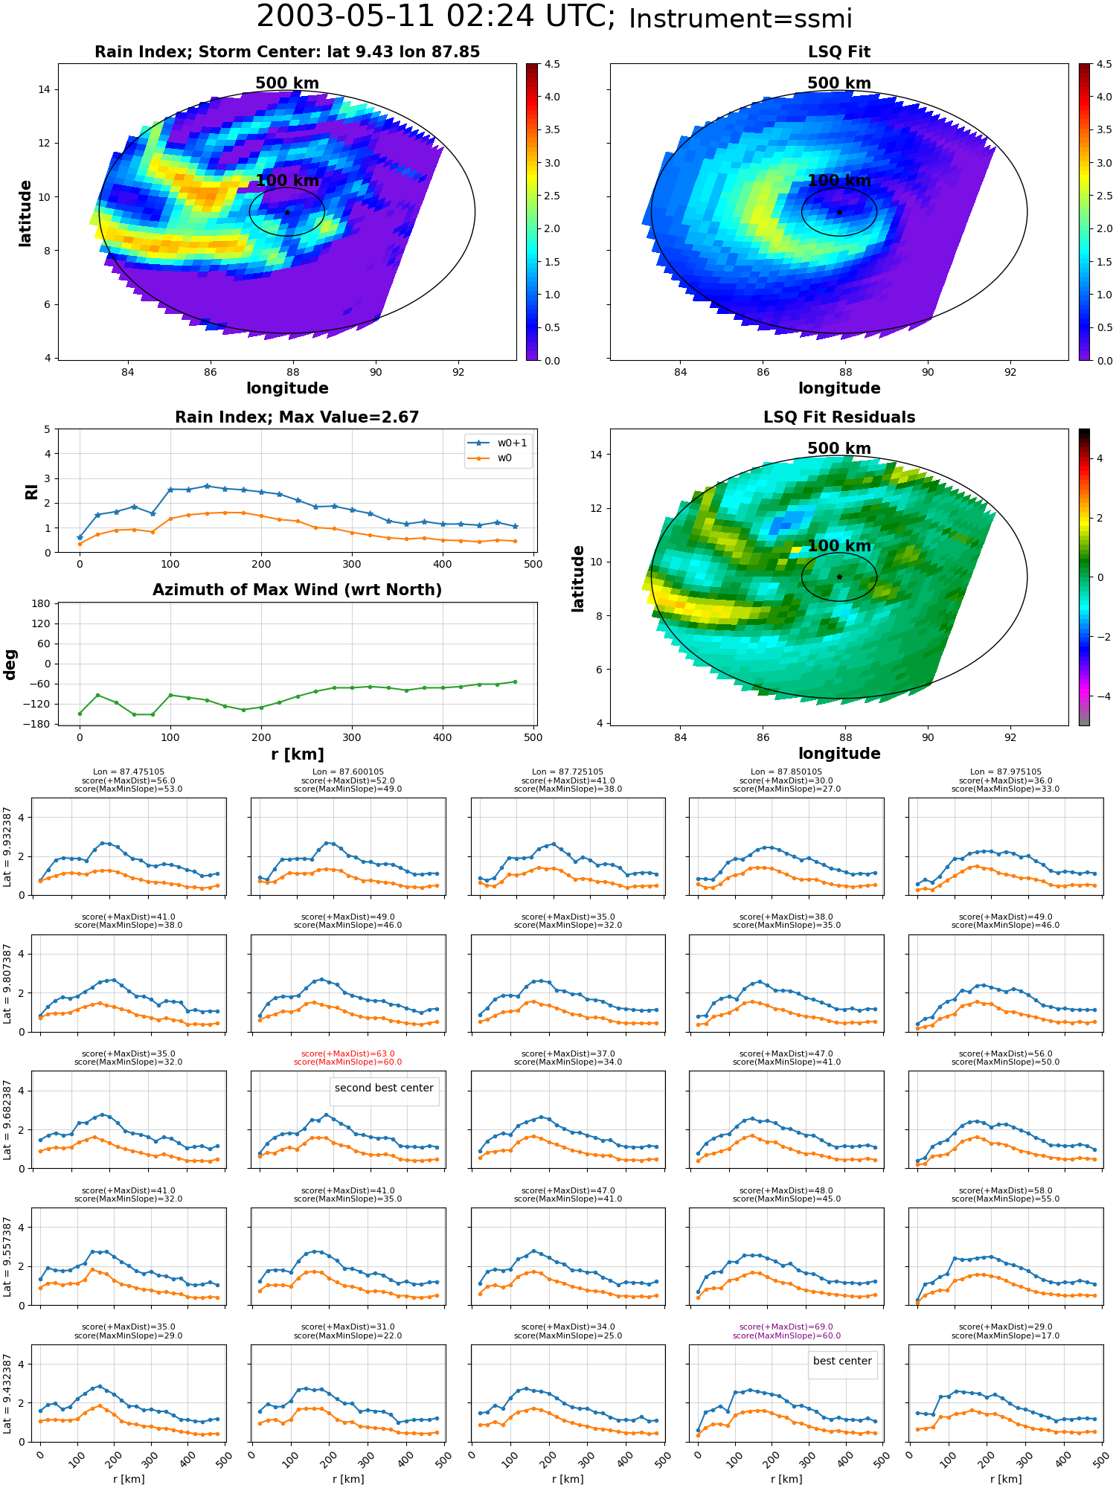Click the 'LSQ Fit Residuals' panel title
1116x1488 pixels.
839,417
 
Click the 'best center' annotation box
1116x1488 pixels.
842,1361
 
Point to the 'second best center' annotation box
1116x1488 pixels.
384,1088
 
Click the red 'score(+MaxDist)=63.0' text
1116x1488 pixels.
348,1054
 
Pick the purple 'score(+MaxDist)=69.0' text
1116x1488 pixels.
786,1327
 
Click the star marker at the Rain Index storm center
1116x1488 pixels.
287,212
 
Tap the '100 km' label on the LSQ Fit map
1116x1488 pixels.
839,180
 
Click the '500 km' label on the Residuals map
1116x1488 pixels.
839,448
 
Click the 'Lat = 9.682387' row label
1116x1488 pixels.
7,1120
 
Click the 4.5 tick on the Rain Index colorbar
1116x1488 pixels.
551,64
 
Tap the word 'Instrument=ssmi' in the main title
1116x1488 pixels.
740,19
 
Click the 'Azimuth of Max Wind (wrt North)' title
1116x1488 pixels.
298,590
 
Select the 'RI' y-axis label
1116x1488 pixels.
31,492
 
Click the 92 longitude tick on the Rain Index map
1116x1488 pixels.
458,372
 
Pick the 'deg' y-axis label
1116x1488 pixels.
10,664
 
